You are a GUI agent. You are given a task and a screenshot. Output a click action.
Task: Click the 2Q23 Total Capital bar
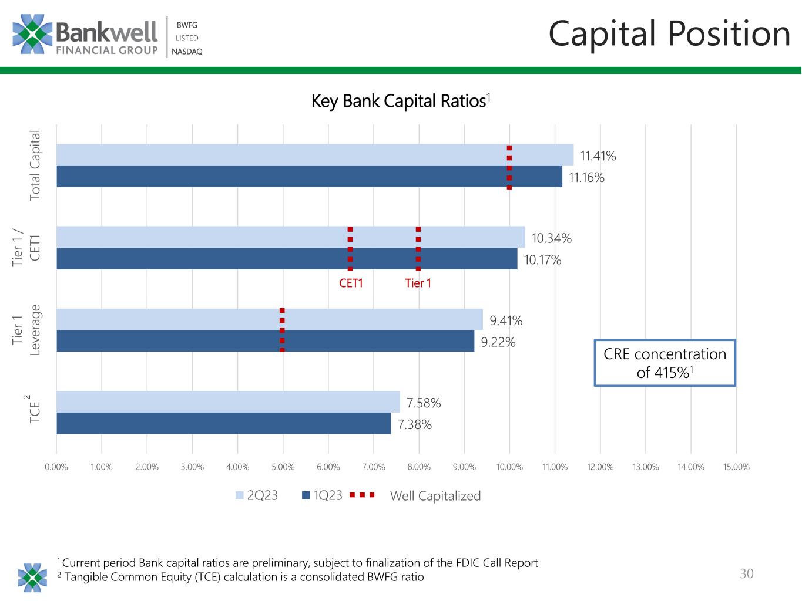click(315, 155)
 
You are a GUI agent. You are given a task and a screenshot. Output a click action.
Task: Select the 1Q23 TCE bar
click(224, 423)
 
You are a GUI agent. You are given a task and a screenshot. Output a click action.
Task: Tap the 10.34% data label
click(551, 238)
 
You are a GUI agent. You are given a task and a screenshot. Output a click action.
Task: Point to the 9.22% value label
click(498, 342)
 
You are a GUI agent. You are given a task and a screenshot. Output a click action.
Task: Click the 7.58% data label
click(424, 403)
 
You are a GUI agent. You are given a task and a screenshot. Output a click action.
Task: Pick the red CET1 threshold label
click(351, 283)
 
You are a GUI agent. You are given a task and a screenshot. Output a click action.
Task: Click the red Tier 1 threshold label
click(418, 283)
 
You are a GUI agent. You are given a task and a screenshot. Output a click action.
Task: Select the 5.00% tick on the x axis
click(283, 467)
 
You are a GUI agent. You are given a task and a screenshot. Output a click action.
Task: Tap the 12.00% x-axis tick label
click(600, 467)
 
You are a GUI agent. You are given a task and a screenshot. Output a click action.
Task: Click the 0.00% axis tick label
click(56, 467)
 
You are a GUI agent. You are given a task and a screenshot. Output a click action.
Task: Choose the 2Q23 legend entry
click(257, 495)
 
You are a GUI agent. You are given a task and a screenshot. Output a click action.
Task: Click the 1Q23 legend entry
click(322, 495)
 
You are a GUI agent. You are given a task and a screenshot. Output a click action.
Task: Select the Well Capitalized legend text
click(435, 496)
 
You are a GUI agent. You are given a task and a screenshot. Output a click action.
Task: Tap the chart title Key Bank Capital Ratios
click(401, 101)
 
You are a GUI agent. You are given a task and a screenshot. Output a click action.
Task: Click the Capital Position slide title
click(669, 33)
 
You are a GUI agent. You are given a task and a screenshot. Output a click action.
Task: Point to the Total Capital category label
click(34, 166)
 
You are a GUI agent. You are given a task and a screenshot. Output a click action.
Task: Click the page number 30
click(746, 573)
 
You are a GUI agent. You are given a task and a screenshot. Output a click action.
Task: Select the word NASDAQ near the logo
click(187, 52)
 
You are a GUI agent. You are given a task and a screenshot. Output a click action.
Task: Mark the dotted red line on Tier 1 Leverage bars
click(282, 330)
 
